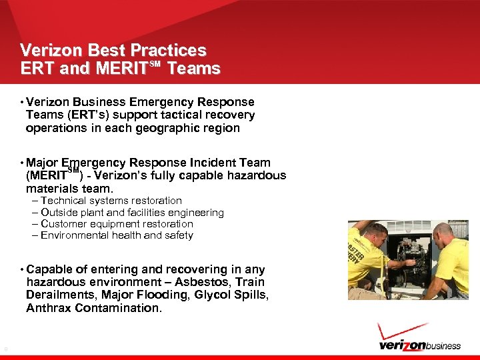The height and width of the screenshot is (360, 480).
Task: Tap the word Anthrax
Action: (49, 308)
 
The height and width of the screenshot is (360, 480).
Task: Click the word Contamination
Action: (118, 308)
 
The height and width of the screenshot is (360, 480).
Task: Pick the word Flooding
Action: (161, 295)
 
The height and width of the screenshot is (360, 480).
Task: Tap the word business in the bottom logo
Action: (437, 345)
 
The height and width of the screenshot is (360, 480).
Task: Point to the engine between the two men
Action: (407, 257)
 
